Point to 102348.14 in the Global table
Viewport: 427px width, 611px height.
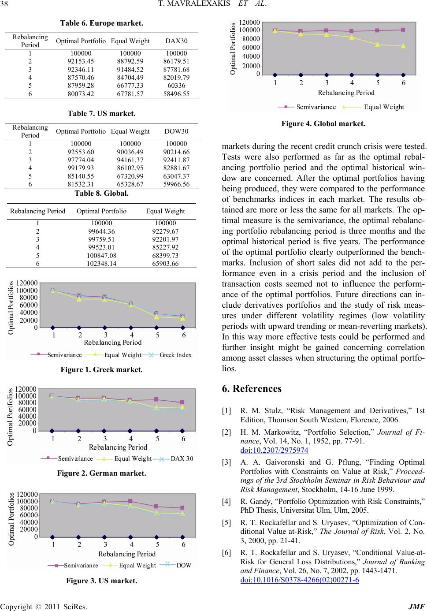pos(101,263)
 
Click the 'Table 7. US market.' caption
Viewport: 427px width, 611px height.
pos(101,113)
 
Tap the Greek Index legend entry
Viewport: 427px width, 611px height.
pos(175,355)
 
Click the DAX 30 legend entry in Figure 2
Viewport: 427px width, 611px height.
pos(182,458)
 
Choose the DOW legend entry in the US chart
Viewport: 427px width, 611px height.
pos(183,565)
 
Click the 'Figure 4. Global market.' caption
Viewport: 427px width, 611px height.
pos(323,124)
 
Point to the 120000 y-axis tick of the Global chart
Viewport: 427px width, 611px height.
pos(249,22)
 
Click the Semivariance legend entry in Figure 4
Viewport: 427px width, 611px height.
pos(316,107)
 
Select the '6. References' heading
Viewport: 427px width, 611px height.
pos(252,388)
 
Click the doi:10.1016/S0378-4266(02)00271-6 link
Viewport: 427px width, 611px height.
pos(300,579)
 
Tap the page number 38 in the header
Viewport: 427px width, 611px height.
pos(8,6)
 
